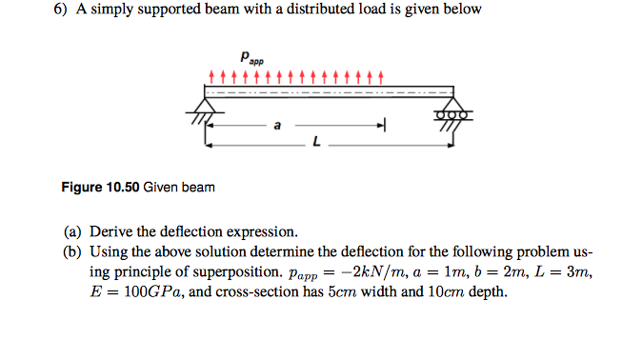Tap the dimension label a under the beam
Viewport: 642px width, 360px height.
(x=277, y=124)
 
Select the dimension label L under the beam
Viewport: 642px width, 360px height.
(x=315, y=144)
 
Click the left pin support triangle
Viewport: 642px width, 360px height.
(x=209, y=101)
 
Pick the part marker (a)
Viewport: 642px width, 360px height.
(x=73, y=231)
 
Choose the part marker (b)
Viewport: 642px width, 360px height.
(x=73, y=252)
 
